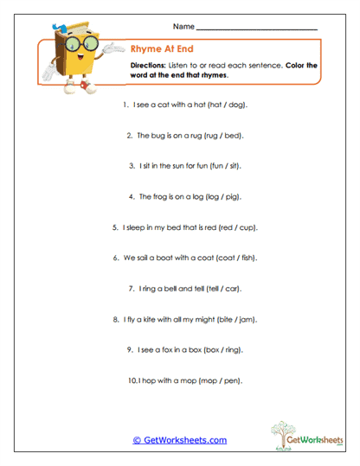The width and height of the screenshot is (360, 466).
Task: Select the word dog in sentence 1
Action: pos(236,105)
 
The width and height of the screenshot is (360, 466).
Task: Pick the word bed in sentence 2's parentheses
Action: pos(231,136)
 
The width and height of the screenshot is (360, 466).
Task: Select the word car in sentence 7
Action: pos(229,288)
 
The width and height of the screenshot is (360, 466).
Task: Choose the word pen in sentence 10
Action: pos(231,380)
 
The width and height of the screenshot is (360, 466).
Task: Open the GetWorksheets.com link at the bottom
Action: pos(179,440)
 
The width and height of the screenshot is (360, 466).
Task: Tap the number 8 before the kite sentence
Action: pos(115,319)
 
